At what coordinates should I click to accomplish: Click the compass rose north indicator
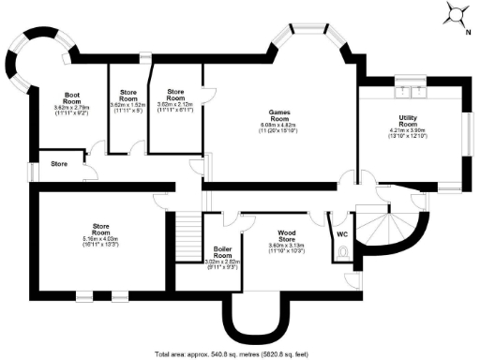457,13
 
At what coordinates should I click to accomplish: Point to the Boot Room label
71,97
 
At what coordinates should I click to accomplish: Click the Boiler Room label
222,251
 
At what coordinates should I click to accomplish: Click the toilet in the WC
345,252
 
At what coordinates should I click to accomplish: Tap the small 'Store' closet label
59,164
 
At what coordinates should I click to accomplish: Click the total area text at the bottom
240,353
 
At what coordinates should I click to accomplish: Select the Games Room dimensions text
278,130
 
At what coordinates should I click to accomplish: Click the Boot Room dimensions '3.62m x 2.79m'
71,108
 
